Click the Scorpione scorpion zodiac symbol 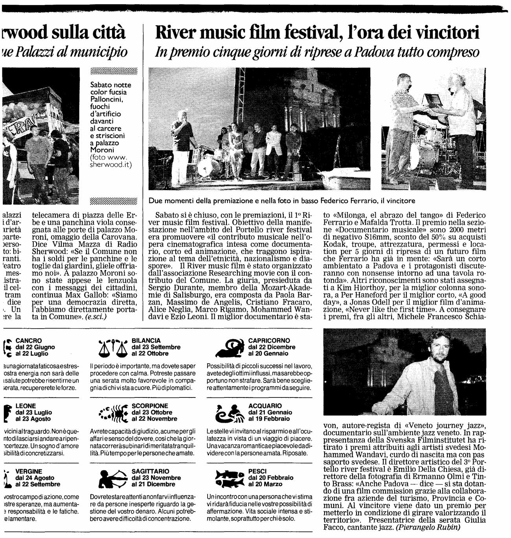pos(113,412)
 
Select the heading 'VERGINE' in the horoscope pos(29,471)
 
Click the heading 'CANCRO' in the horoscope pos(29,340)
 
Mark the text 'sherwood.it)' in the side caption pos(111,165)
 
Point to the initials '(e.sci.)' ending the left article pos(96,316)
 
